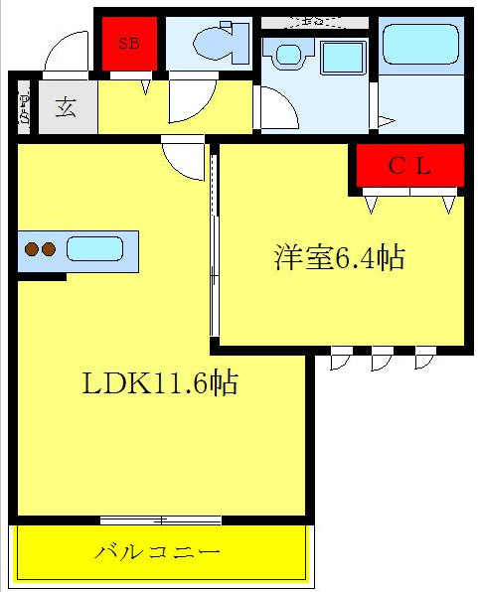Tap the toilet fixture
pos(213,43)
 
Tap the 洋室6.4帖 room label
pos(339,258)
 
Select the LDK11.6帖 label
pos(159,383)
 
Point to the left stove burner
pos(32,249)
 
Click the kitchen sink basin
pos(94,248)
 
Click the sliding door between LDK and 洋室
pos(213,243)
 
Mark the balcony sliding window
pos(160,519)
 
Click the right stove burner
pos(48,249)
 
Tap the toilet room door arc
pos(192,101)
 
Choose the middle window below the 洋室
pos(382,359)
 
